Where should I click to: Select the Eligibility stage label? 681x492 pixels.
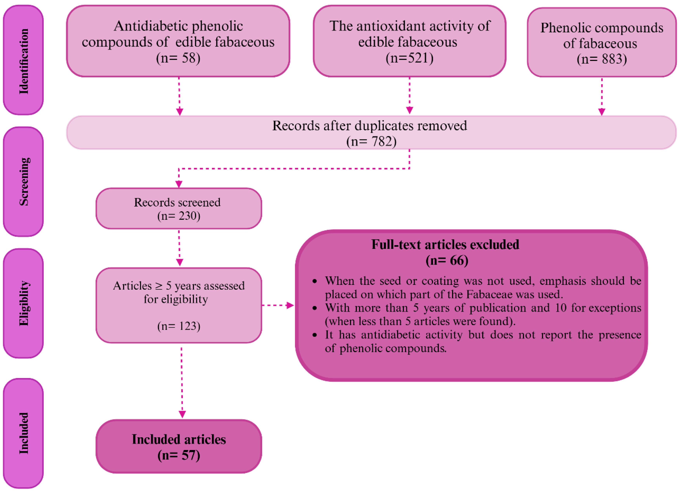pos(23,303)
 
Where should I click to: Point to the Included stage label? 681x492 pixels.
pos(23,433)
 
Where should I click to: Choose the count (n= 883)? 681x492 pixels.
pos(602,59)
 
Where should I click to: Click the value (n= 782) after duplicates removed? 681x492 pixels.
pos(371,141)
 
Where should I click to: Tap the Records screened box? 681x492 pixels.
pos(179,209)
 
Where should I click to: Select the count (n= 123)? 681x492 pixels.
pos(179,326)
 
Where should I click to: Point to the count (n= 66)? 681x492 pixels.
pos(447,260)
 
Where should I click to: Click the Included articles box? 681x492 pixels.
pos(179,447)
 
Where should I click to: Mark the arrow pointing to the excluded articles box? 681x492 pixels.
pos(278,305)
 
